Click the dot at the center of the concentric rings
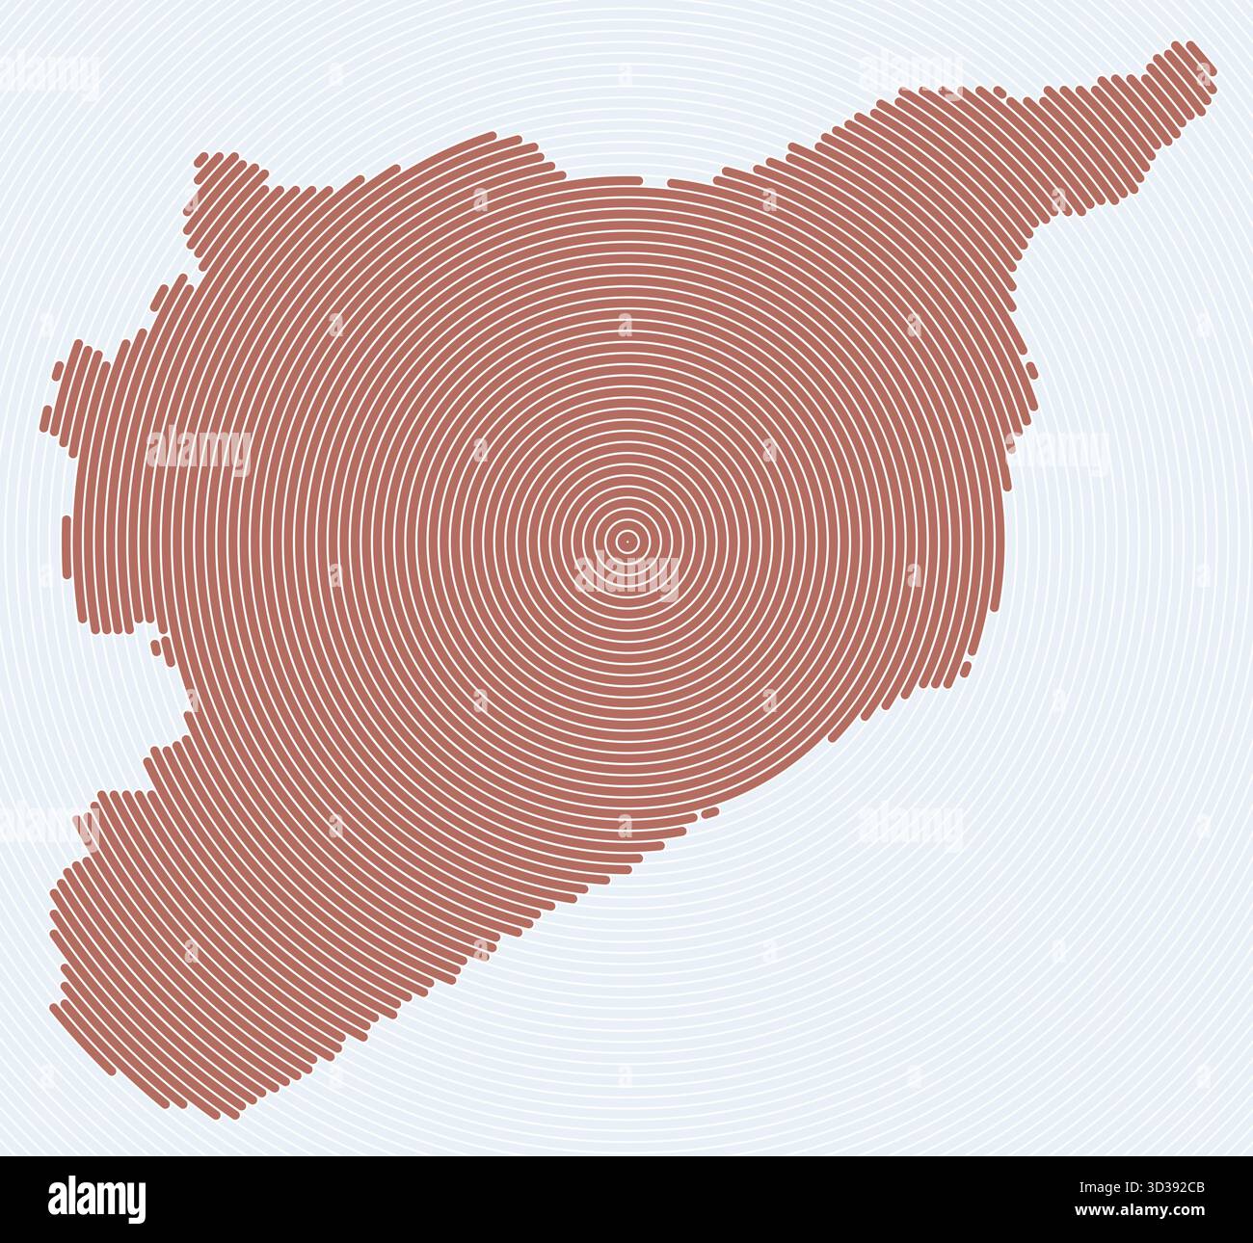pyautogui.click(x=626, y=541)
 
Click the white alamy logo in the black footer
pyautogui.click(x=97, y=1199)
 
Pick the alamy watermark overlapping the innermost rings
pyautogui.click(x=626, y=575)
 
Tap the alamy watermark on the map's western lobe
pyautogui.click(x=200, y=449)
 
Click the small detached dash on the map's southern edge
pyautogui.click(x=710, y=813)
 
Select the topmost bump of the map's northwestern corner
pyautogui.click(x=230, y=157)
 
